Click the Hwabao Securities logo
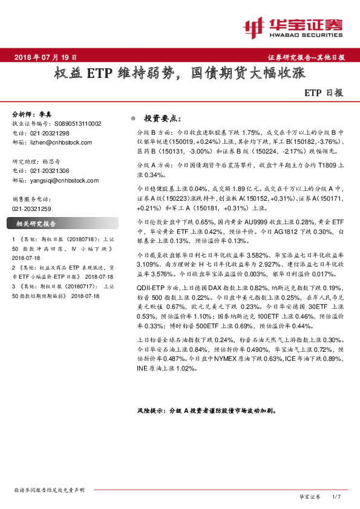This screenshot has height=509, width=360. (x=293, y=27)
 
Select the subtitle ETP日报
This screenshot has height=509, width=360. (x=323, y=94)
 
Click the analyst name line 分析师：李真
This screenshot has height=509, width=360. (x=33, y=114)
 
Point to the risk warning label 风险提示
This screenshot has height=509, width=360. (x=151, y=410)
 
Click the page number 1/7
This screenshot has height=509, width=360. (x=337, y=496)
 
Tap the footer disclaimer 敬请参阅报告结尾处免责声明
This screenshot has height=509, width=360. (x=49, y=489)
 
